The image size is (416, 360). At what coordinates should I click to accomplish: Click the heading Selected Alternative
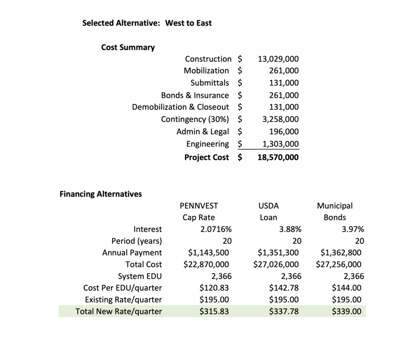coord(121,23)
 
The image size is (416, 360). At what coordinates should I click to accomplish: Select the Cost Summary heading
coord(128,47)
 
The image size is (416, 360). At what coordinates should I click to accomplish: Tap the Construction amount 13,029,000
coord(278,59)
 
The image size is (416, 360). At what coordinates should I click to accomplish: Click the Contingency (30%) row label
coord(195,119)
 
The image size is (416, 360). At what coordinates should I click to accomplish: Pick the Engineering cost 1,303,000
coord(278,144)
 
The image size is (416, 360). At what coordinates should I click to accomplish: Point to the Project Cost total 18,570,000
coord(278,157)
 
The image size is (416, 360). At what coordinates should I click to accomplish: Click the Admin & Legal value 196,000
coord(284,131)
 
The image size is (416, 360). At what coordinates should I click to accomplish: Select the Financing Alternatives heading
coord(101,194)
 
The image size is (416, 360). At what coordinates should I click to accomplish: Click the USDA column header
coord(269,206)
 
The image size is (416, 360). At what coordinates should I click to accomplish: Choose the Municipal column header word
coord(335,206)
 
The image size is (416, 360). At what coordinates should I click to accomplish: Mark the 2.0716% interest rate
coord(216,229)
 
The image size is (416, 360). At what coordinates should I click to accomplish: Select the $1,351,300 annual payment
coord(278,253)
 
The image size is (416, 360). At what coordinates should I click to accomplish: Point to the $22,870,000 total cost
coord(206,265)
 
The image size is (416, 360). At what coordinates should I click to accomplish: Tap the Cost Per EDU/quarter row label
coord(122,288)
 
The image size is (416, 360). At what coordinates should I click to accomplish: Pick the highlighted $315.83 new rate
coord(214,312)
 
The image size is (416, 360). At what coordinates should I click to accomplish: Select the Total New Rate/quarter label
coord(119,312)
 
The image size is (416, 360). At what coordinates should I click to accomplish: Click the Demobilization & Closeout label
coord(180,107)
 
